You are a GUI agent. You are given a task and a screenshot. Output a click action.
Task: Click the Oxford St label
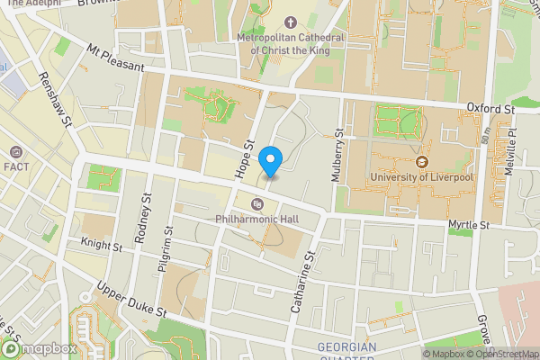(x=490, y=108)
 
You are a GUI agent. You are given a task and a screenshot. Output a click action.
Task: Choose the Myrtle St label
(x=470, y=224)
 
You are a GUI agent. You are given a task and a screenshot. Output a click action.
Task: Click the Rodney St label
(x=142, y=220)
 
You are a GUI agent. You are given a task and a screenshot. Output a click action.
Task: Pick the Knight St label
(x=100, y=244)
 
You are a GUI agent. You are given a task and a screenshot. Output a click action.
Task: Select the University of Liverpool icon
(x=421, y=163)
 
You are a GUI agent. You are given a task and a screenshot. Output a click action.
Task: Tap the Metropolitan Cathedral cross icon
(x=291, y=22)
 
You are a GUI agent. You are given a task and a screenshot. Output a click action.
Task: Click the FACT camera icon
(x=16, y=153)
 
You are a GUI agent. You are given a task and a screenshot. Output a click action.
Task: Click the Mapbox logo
(x=38, y=349)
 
